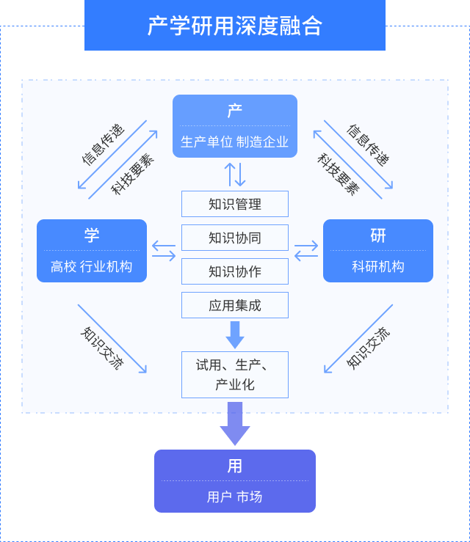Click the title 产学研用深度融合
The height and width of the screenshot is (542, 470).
(x=234, y=26)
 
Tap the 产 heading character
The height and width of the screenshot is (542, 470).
(x=234, y=111)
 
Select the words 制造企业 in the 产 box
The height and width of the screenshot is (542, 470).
(x=262, y=142)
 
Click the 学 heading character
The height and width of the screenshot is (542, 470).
(x=92, y=235)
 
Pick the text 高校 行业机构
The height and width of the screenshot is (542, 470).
(x=92, y=267)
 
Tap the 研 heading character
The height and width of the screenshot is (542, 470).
(x=378, y=235)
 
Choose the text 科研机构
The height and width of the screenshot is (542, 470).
(x=378, y=267)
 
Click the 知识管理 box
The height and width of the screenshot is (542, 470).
(x=235, y=204)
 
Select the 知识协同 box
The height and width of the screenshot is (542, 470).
(x=235, y=238)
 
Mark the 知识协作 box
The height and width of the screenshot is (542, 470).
(x=235, y=271)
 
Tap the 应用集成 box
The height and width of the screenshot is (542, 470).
(x=235, y=305)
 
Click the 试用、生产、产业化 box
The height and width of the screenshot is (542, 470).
(x=235, y=375)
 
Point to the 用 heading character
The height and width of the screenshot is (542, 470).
(x=234, y=466)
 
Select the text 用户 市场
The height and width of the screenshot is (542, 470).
(x=234, y=497)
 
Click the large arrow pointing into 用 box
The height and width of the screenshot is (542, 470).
(x=235, y=425)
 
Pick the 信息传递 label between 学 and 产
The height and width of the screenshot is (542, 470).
(x=103, y=144)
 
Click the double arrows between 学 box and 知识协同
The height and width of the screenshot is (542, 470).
(x=164, y=251)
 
